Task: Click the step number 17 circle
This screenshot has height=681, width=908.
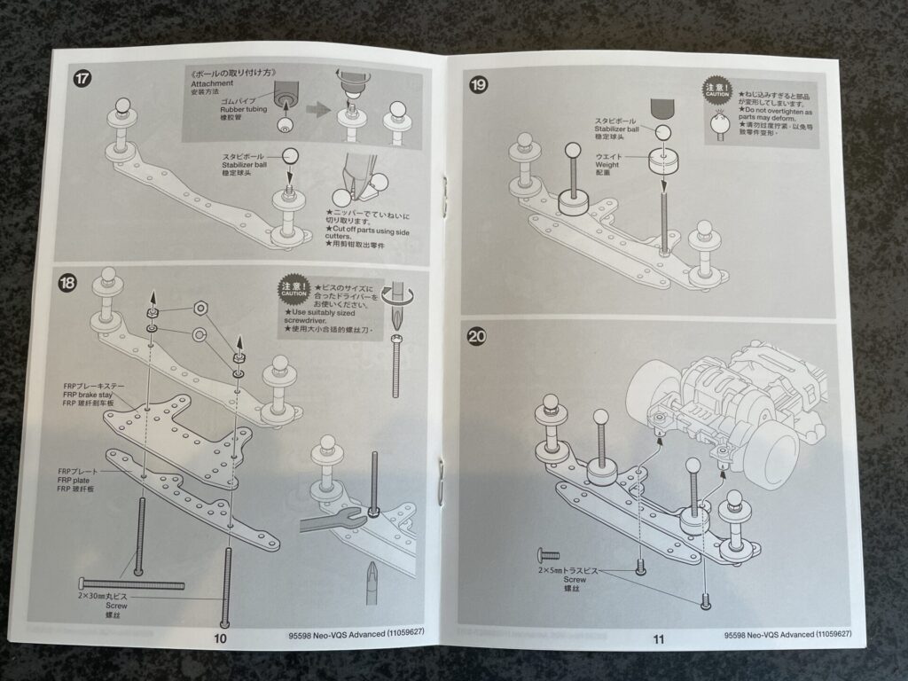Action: [82, 78]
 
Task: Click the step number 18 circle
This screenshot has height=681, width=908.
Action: [67, 284]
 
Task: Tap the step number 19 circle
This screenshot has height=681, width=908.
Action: [480, 85]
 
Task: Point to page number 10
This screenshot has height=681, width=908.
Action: [221, 637]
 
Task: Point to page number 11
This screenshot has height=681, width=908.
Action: [659, 637]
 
